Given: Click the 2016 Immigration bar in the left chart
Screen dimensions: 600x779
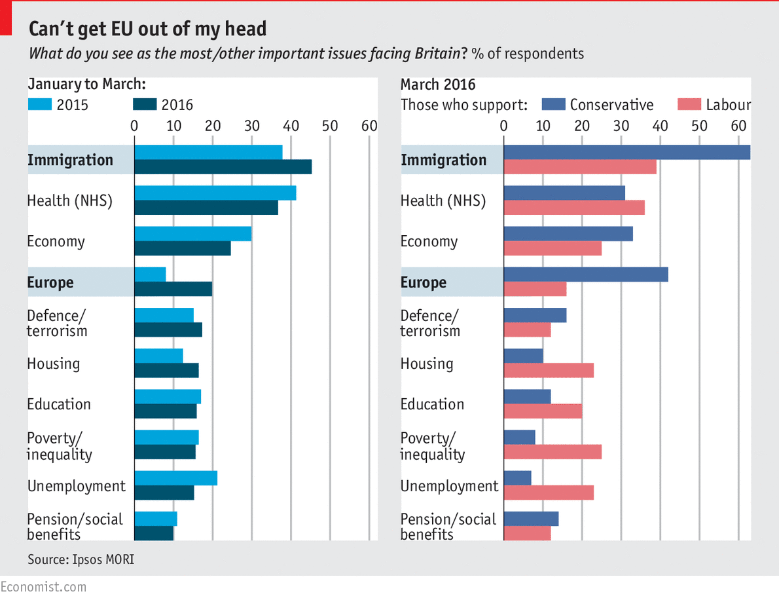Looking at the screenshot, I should pyautogui.click(x=223, y=167).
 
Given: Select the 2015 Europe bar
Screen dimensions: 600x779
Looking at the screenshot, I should pyautogui.click(x=150, y=274).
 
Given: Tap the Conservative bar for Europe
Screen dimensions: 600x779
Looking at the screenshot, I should pyautogui.click(x=586, y=274).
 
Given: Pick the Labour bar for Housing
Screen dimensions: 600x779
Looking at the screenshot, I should pyautogui.click(x=549, y=370).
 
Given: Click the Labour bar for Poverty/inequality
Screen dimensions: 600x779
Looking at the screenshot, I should pyautogui.click(x=553, y=452).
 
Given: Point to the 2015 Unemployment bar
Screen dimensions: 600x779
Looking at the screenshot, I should pyautogui.click(x=175, y=478).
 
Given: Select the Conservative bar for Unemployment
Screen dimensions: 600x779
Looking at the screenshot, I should pyautogui.click(x=517, y=478).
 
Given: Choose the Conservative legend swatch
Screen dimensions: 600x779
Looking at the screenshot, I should pyautogui.click(x=553, y=105).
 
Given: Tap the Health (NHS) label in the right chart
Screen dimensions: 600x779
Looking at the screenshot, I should pyautogui.click(x=443, y=201).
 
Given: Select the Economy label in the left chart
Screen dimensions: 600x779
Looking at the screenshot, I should pyautogui.click(x=56, y=242).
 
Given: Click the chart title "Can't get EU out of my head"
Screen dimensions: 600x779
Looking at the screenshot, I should pyautogui.click(x=147, y=29).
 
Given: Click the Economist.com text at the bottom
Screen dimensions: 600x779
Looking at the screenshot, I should pyautogui.click(x=43, y=586).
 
